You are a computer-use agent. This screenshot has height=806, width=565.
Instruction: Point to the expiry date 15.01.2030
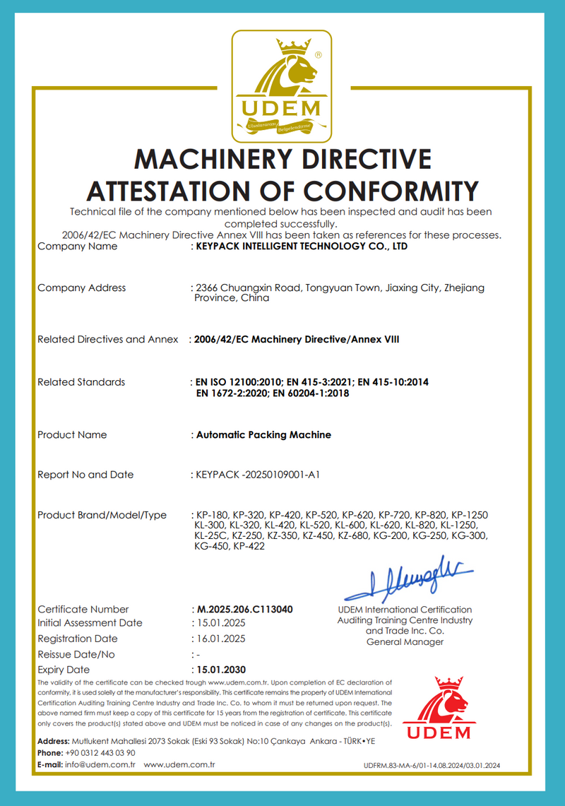click(x=220, y=669)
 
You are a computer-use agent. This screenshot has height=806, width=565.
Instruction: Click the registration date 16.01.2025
click(x=220, y=639)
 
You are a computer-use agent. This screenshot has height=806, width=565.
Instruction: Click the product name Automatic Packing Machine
click(x=262, y=434)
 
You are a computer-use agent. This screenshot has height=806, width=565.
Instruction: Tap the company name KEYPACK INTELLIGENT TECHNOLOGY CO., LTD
click(x=301, y=247)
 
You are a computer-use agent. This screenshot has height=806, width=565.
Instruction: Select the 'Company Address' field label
click(x=81, y=288)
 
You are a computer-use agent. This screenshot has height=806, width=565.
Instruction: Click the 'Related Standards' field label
click(x=81, y=382)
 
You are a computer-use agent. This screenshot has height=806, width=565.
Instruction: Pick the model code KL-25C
click(x=210, y=537)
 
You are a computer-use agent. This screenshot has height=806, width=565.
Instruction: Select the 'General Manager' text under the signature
click(x=405, y=642)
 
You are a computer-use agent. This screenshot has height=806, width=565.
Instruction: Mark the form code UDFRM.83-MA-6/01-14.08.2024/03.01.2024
click(x=432, y=766)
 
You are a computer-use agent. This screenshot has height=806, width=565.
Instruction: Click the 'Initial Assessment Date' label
click(x=90, y=623)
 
